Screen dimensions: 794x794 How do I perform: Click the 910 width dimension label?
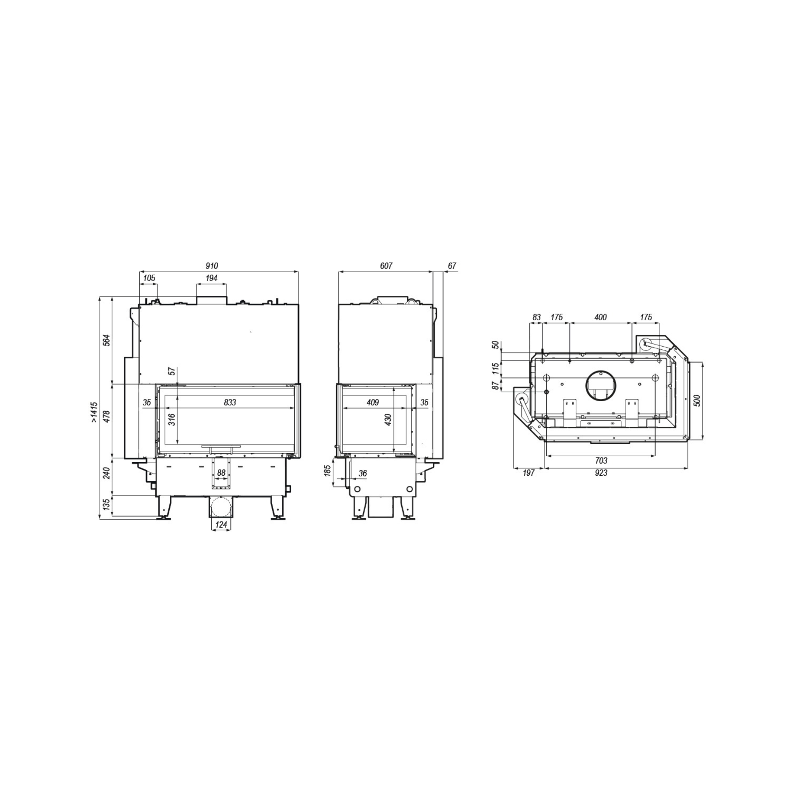[x=212, y=266]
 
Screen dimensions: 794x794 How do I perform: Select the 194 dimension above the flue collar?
[x=211, y=278]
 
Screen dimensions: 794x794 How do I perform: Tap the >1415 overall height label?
[x=94, y=413]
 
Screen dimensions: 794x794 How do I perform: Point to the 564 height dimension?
[x=107, y=341]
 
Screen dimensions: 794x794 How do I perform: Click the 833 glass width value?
[x=230, y=402]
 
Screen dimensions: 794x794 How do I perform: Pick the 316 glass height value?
[x=172, y=419]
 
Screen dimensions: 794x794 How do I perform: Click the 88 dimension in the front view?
[x=221, y=473]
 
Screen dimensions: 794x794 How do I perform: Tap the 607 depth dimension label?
[x=386, y=266]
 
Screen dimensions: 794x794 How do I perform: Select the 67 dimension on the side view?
[x=452, y=266]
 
